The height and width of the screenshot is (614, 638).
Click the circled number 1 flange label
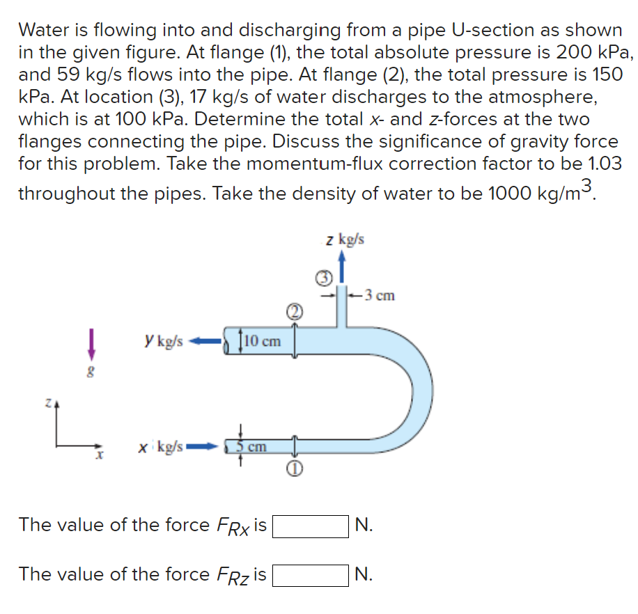[295, 470]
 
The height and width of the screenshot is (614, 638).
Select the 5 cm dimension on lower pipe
[250, 446]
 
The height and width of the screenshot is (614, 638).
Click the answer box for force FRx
[310, 526]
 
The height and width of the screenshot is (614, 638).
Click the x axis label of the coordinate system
[100, 457]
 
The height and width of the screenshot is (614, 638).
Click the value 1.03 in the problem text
[598, 164]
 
